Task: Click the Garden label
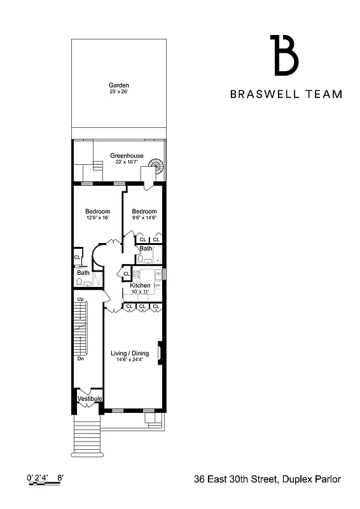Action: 118,85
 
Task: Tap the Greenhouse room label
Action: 127,156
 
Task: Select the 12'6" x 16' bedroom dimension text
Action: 97,218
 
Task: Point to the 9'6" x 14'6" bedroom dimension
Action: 144,218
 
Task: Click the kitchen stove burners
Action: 136,275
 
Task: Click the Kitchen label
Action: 140,286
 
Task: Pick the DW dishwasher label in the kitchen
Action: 157,286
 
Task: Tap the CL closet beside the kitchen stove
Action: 126,274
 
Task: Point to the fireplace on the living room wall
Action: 161,352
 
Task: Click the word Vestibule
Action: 90,399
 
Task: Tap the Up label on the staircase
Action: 81,299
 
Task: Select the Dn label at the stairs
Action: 81,358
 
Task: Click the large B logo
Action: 284,56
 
